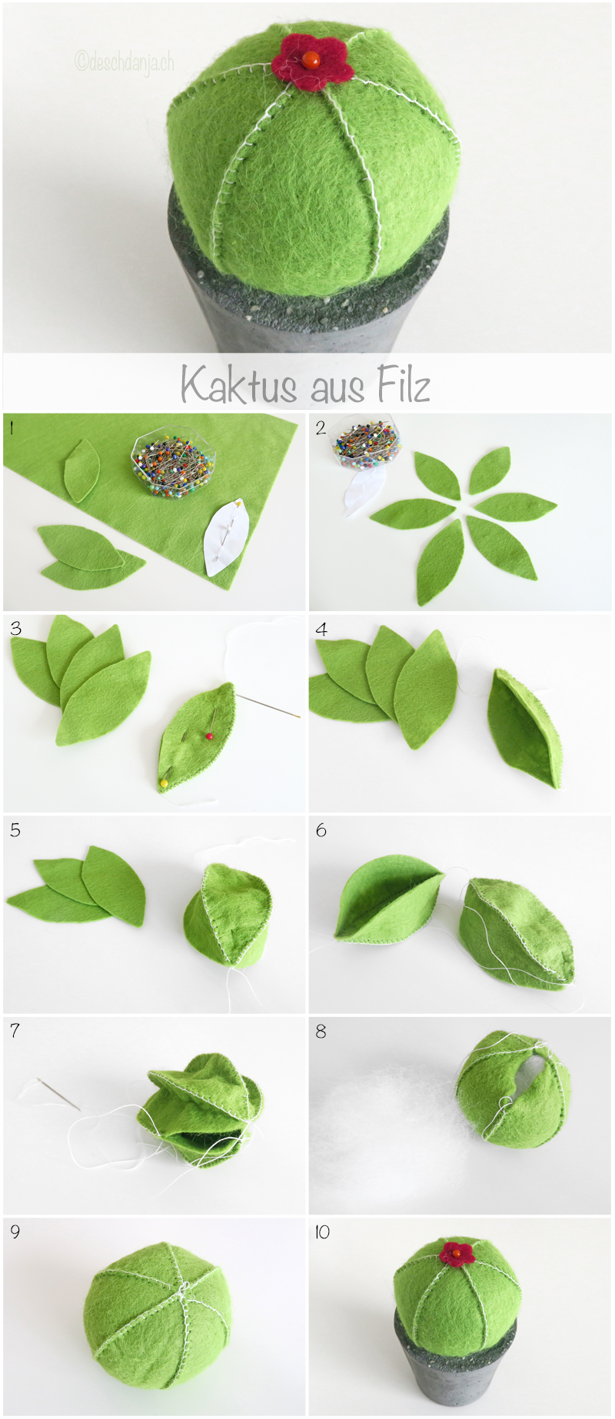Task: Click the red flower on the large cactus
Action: [x=312, y=61]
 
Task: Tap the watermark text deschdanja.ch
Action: [x=125, y=61]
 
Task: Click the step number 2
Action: [x=321, y=427]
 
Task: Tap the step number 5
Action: [x=15, y=830]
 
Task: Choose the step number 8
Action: [x=321, y=1031]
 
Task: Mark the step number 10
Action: [x=322, y=1232]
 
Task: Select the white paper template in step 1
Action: [x=226, y=538]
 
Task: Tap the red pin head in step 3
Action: [x=208, y=736]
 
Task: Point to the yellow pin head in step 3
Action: [x=164, y=783]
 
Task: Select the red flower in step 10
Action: [x=457, y=1253]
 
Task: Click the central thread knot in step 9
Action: [x=182, y=1288]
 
